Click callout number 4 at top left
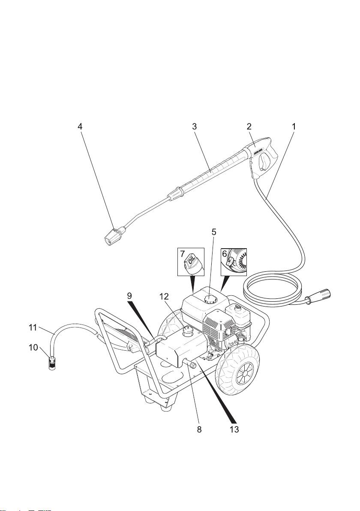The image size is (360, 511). click(x=80, y=127)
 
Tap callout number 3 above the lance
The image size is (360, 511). click(x=195, y=127)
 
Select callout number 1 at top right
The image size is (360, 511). click(x=294, y=127)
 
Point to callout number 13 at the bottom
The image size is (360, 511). click(x=234, y=429)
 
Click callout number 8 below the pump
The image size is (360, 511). click(x=199, y=429)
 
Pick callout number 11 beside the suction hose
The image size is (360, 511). click(x=33, y=327)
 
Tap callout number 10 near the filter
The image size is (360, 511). click(x=33, y=347)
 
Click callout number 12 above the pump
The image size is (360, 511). click(x=165, y=296)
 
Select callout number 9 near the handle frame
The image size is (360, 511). click(x=129, y=296)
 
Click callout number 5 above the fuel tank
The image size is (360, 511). click(x=214, y=232)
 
